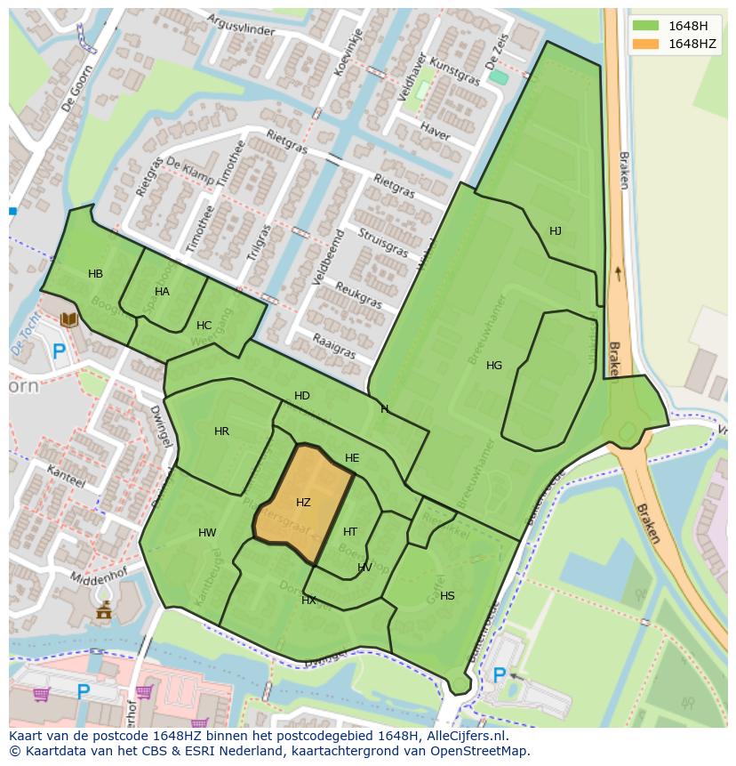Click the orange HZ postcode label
303,503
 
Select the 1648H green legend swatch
647,26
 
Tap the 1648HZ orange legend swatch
647,44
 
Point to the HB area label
95,274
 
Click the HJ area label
556,231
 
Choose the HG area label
494,366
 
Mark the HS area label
447,596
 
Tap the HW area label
207,534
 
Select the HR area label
221,431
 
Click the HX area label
308,601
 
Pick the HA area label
162,292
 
